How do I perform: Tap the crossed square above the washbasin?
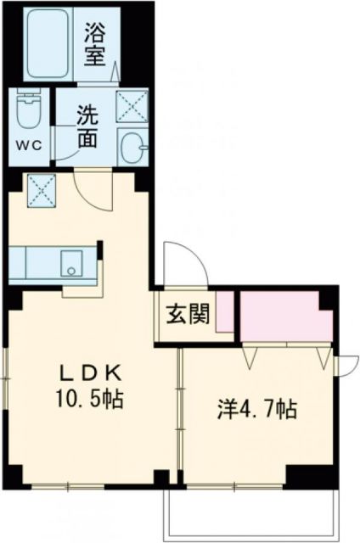pos(131,104)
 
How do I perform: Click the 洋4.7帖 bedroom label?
pos(255,411)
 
